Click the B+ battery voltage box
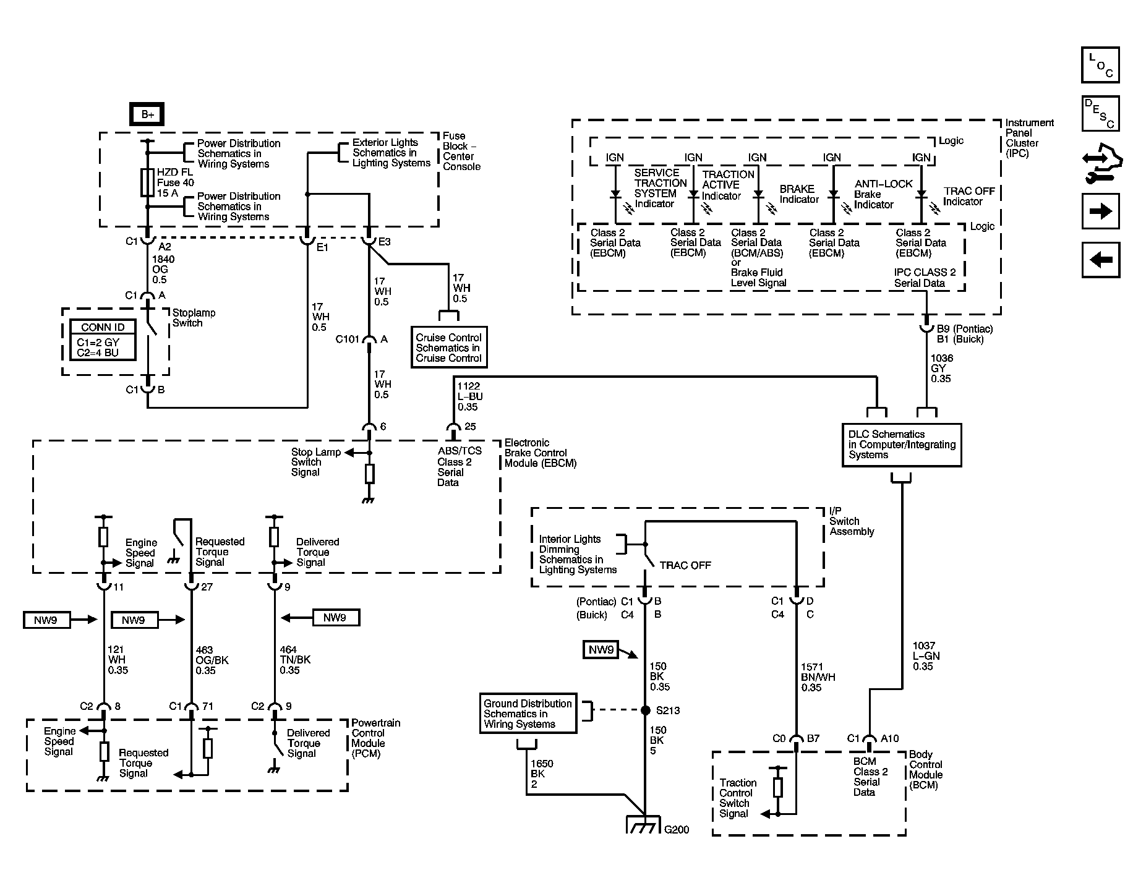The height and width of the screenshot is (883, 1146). [147, 114]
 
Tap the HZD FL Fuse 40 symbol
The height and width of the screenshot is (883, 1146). [147, 182]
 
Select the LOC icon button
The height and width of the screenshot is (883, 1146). [1100, 65]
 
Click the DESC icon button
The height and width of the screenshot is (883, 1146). [1100, 114]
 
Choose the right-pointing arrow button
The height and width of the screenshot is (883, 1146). [1100, 211]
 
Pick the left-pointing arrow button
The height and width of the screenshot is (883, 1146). [1100, 260]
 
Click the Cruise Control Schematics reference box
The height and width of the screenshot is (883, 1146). [449, 348]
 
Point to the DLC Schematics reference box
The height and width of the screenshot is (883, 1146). [902, 445]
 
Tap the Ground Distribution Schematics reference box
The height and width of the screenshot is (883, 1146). [528, 714]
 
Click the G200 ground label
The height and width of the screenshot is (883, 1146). [677, 829]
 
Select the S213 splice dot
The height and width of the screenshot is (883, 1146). [645, 710]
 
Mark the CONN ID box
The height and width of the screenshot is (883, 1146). [103, 339]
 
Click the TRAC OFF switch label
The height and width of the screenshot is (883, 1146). [685, 565]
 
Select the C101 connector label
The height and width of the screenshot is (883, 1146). [348, 339]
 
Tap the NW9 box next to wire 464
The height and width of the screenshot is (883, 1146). [335, 617]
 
